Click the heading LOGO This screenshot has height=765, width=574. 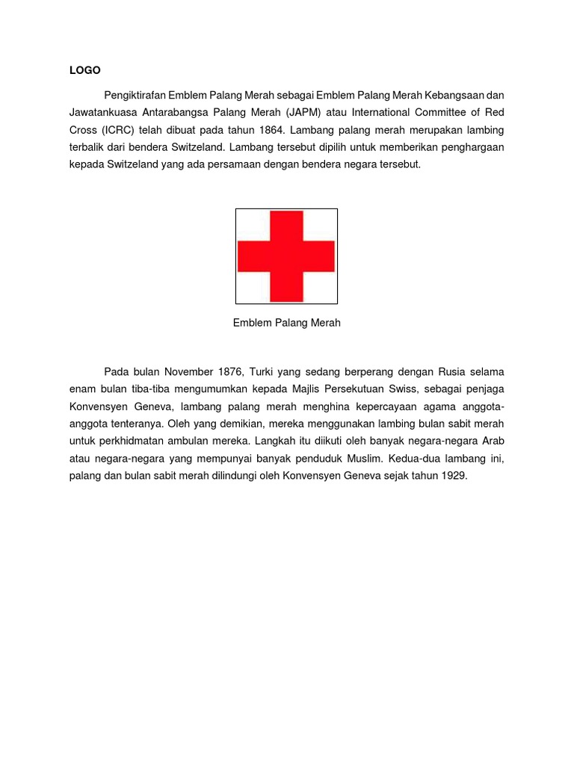tap(84, 70)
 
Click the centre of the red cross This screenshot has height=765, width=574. tap(286, 256)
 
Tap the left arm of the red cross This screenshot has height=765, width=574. tap(253, 256)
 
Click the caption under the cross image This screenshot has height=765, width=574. tap(286, 323)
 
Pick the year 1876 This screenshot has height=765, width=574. tap(229, 371)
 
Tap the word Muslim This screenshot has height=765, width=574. tap(363, 457)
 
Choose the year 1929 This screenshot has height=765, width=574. tap(452, 474)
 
